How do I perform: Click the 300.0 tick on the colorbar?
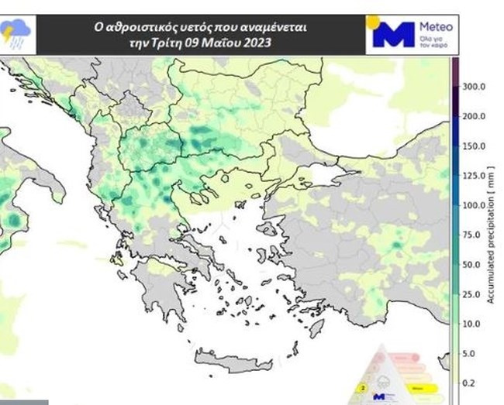pos(474,87)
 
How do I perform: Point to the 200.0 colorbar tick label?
pos(474,116)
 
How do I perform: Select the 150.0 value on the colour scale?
pos(474,146)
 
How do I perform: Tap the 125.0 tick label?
pos(474,176)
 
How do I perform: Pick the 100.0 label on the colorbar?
pos(474,205)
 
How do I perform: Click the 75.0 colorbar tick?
pos(472,235)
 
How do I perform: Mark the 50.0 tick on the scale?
pos(472,265)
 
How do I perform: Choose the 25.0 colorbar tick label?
pos(472,294)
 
